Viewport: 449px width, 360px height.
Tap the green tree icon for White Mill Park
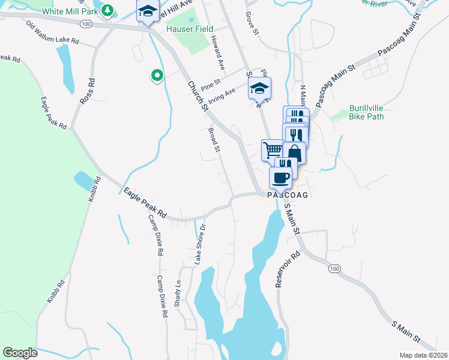[x=107, y=10]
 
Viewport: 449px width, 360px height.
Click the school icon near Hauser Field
[x=147, y=12]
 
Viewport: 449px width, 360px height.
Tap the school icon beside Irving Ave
[x=259, y=89]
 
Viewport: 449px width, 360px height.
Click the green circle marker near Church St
[x=157, y=76]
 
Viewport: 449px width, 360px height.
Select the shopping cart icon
[x=272, y=149]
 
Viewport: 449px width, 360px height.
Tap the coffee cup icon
[x=280, y=178]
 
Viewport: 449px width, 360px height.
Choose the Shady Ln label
[x=177, y=293]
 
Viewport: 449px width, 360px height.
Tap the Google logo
[x=20, y=352]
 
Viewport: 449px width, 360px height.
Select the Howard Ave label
[x=217, y=51]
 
